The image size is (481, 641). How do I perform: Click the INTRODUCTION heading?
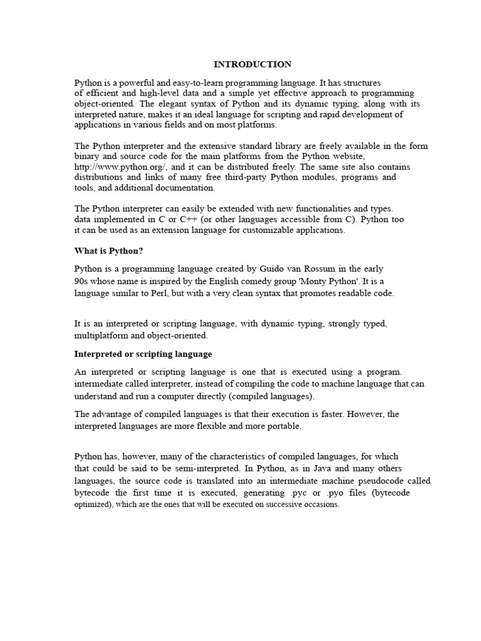click(x=252, y=64)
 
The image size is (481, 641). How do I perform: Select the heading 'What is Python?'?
click(x=109, y=251)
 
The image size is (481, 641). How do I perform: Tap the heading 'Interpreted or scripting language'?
click(x=143, y=354)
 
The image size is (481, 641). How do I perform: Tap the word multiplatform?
click(x=101, y=336)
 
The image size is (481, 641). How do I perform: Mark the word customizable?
click(x=266, y=230)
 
